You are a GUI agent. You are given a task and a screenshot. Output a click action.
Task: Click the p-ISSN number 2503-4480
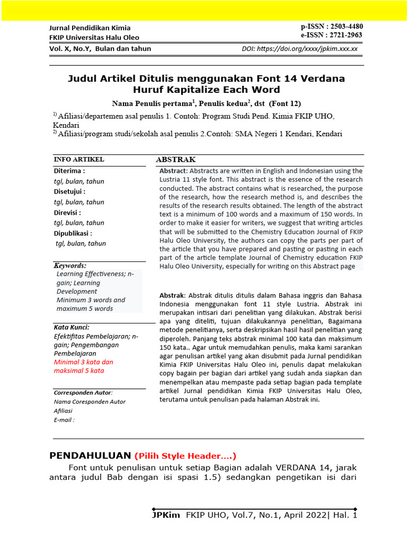(345, 27)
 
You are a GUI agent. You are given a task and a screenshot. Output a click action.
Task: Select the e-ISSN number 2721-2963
(345, 36)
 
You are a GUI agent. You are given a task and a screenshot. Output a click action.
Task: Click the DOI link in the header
(307, 49)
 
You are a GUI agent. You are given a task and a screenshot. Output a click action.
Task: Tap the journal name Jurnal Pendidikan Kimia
(90, 28)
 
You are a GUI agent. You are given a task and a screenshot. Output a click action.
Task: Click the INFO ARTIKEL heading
(79, 160)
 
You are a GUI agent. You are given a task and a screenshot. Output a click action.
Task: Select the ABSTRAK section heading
(175, 160)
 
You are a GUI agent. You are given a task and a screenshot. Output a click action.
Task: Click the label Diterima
(69, 171)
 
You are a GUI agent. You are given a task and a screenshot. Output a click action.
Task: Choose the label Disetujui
(69, 191)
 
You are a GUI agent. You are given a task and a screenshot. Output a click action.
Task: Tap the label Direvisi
(67, 212)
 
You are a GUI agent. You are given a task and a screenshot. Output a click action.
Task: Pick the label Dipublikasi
(73, 233)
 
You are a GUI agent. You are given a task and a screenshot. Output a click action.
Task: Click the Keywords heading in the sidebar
(70, 265)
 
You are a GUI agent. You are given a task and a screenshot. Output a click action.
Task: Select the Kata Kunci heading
(72, 327)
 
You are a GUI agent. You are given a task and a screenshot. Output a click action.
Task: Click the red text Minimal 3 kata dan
(84, 362)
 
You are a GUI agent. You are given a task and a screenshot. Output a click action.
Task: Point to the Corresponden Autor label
(83, 392)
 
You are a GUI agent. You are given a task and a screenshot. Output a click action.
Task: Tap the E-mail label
(64, 419)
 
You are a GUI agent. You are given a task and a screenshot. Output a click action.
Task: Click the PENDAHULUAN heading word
(90, 456)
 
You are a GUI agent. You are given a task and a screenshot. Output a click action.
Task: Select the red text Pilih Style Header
(185, 456)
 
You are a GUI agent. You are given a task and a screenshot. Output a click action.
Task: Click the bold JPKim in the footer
(166, 515)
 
